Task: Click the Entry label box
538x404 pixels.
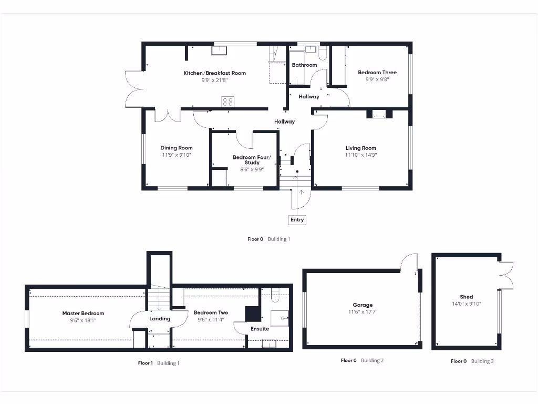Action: click(x=297, y=220)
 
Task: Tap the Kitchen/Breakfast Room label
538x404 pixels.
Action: click(x=214, y=73)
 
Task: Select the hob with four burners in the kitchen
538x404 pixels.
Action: click(x=227, y=102)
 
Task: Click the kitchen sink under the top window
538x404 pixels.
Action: click(x=219, y=50)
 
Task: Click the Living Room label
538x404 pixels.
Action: click(x=360, y=148)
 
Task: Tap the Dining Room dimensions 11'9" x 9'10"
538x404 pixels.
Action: click(x=177, y=155)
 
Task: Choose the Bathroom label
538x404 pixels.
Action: click(x=304, y=65)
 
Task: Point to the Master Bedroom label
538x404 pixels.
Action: click(x=83, y=314)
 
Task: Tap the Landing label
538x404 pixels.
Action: click(x=160, y=319)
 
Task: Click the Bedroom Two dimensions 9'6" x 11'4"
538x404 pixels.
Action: click(x=211, y=320)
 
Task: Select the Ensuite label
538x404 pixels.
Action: click(x=260, y=329)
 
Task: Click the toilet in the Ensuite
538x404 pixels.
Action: click(x=275, y=296)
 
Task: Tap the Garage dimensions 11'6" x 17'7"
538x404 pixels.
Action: click(x=363, y=312)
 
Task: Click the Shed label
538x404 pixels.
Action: click(x=466, y=297)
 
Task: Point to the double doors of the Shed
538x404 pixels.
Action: click(x=505, y=274)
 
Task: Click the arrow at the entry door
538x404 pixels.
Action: click(x=302, y=193)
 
